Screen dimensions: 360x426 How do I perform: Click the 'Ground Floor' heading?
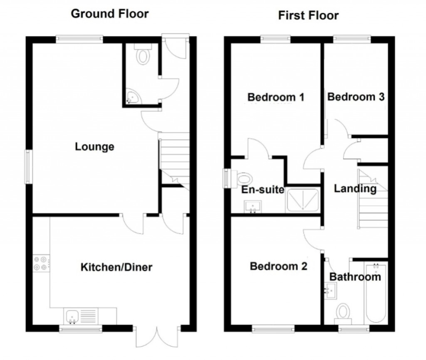(109, 14)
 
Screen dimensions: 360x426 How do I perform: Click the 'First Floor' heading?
(308, 16)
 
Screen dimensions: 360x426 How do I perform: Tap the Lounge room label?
(94, 147)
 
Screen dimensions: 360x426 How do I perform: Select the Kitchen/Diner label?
(116, 267)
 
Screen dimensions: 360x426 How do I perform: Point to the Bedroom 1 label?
(276, 97)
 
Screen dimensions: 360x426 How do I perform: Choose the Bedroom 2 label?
(278, 266)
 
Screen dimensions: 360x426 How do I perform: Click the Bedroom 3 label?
(356, 97)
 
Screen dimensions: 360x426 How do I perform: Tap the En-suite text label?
(263, 190)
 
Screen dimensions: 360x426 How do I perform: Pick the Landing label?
(355, 189)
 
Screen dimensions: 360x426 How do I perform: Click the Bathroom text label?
(355, 276)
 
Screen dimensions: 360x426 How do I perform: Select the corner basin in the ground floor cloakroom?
(133, 97)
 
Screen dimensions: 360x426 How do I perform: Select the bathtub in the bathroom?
(376, 293)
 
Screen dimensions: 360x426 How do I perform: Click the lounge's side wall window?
(28, 166)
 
